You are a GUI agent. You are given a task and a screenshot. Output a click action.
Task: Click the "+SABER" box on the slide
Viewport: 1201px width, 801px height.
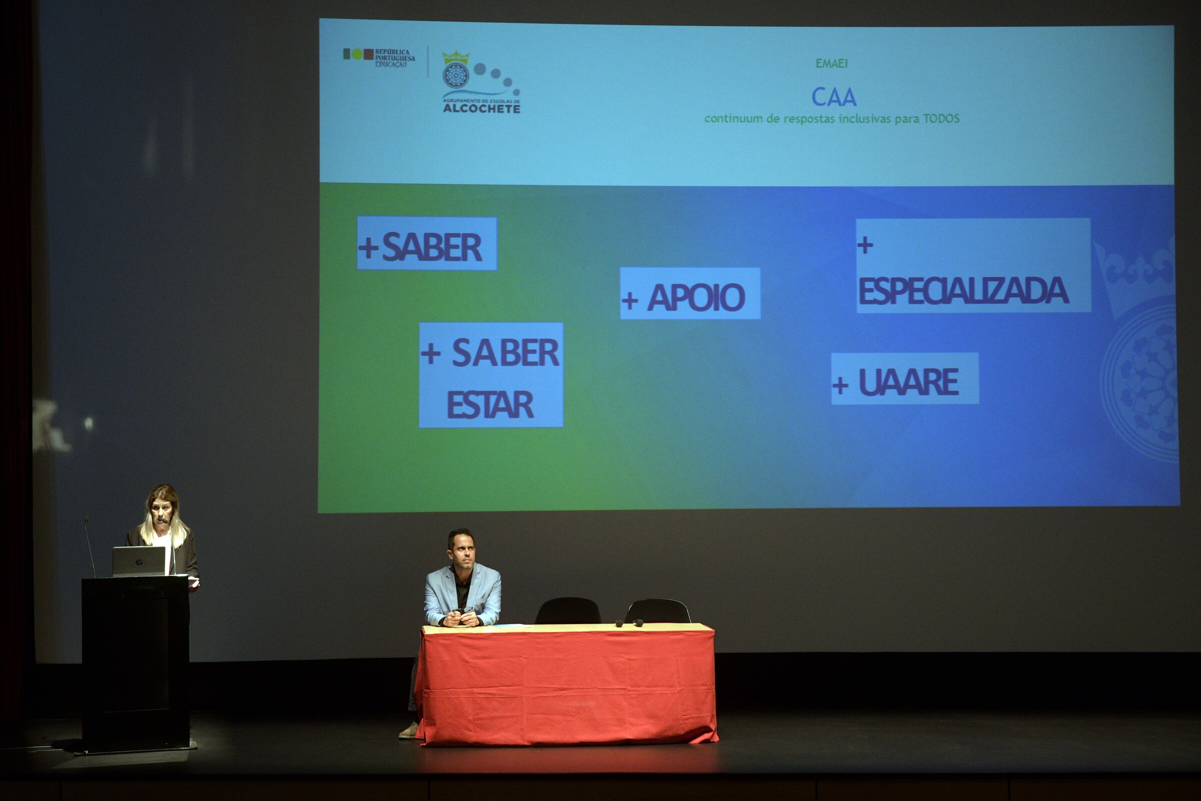click(427, 244)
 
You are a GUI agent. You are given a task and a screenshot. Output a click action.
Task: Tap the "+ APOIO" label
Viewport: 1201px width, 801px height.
click(690, 294)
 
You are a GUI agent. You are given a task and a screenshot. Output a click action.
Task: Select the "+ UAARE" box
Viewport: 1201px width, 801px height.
click(905, 378)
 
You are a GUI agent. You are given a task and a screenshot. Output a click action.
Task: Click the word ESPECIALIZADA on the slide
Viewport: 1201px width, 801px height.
click(963, 291)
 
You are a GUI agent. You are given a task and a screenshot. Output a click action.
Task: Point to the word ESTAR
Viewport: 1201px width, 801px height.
click(490, 405)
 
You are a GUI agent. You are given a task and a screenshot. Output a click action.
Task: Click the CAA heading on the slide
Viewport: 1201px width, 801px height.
click(834, 97)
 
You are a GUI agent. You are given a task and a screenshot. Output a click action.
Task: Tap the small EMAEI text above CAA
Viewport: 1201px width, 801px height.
click(831, 64)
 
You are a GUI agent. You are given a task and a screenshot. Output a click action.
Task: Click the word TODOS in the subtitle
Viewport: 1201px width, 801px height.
click(941, 119)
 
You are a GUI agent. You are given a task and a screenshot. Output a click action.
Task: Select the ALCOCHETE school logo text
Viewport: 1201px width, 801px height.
click(481, 108)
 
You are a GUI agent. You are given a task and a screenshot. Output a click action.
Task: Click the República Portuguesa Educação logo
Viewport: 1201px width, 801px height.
click(379, 57)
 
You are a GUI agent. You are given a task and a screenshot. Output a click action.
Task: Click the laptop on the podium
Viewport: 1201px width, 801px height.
click(140, 561)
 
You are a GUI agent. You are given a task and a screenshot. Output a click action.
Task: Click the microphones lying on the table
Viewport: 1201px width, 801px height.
click(629, 623)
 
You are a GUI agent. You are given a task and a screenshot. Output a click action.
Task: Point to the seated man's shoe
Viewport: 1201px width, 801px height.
click(408, 730)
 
